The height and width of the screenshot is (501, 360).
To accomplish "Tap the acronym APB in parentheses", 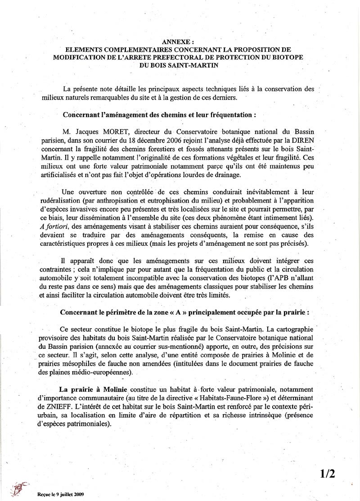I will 282,287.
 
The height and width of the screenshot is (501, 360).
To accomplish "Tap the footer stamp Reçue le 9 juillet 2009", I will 61,494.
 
